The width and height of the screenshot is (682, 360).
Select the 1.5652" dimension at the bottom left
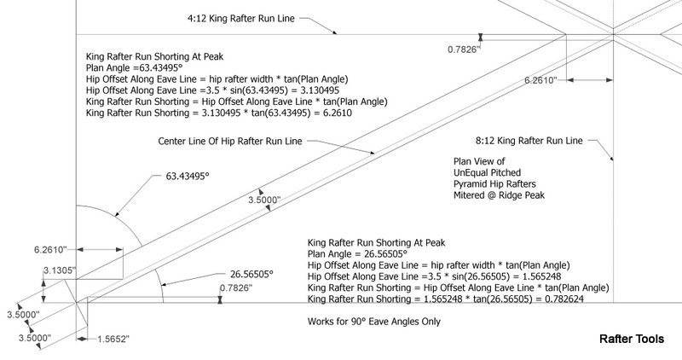(x=111, y=339)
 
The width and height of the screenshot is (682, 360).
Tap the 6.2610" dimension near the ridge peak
(x=540, y=80)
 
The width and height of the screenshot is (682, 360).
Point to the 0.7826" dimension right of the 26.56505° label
(x=234, y=288)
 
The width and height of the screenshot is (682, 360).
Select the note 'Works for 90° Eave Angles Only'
(x=374, y=322)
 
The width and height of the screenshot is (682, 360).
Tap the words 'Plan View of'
(x=481, y=160)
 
